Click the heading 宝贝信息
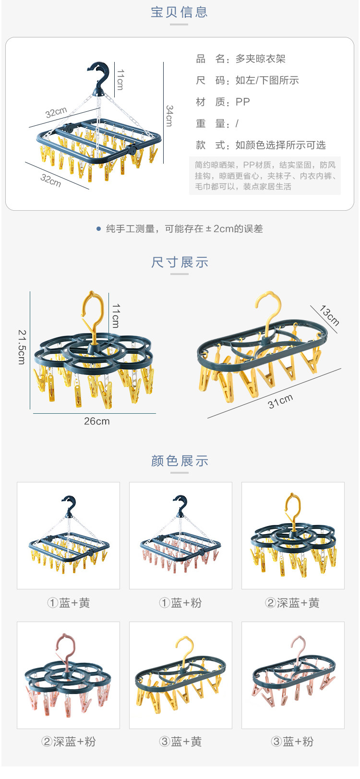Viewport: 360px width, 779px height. click(180, 12)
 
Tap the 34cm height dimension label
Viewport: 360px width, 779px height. click(169, 116)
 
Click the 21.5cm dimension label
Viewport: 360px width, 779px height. click(22, 347)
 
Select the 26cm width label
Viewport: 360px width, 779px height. click(96, 421)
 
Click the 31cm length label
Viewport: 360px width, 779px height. click(280, 401)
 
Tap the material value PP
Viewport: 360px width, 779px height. click(242, 102)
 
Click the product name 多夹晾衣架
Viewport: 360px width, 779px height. click(260, 59)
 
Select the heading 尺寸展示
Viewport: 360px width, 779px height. click(180, 263)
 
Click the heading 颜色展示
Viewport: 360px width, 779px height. click(180, 461)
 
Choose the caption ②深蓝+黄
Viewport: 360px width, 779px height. click(292, 603)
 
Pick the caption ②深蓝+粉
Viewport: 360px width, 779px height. click(68, 742)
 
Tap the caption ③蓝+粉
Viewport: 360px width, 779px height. click(292, 742)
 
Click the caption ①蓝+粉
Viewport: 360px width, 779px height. click(180, 603)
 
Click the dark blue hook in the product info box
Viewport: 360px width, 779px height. click(99, 75)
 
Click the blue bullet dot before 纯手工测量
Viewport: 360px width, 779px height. click(98, 229)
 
